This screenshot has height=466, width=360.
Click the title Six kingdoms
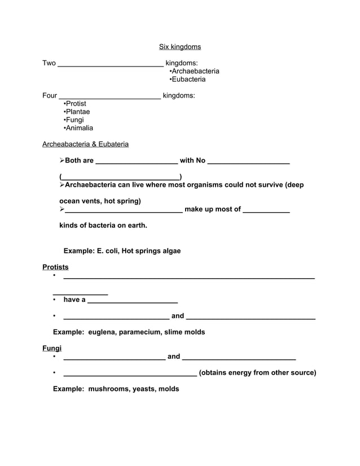tap(179, 47)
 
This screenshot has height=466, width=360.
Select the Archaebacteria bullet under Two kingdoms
tap(194, 71)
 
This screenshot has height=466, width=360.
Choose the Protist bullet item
tap(75, 104)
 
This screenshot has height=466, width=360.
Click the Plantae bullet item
tap(77, 112)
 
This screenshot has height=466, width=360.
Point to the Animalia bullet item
tap(78, 128)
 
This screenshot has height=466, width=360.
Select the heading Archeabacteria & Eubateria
tap(85, 144)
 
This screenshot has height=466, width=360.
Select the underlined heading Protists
tap(55, 267)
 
